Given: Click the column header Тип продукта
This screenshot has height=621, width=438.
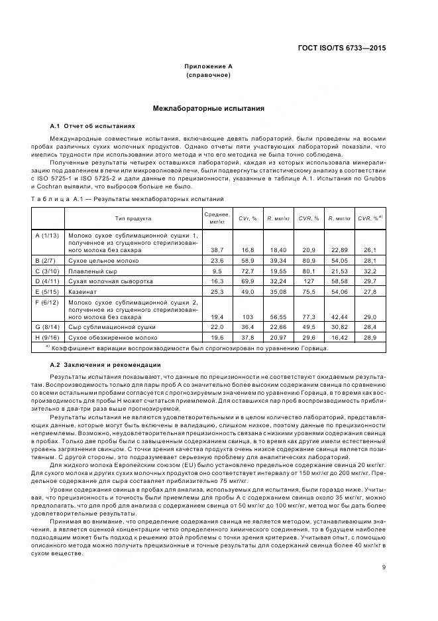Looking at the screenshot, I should coord(133,218).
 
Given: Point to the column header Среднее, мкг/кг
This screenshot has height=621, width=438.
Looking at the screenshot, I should coord(217,218).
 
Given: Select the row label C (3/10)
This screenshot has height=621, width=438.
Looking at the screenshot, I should coord(46,271).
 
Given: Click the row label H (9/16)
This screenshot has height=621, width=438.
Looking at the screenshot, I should coord(46,337).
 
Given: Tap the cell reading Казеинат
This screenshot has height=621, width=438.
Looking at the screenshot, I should coord(83,291).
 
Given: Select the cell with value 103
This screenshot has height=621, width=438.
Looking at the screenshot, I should coord(247,318).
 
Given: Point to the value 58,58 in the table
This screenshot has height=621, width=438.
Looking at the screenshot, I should coord(341,281).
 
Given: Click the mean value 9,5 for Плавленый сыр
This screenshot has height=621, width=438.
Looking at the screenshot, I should coord(217,271).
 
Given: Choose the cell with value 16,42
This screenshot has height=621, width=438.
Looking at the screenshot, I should coord(341,337).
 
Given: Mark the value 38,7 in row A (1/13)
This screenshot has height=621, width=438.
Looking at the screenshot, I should coord(217,249).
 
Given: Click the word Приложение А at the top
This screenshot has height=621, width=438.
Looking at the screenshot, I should coord(208,66).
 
